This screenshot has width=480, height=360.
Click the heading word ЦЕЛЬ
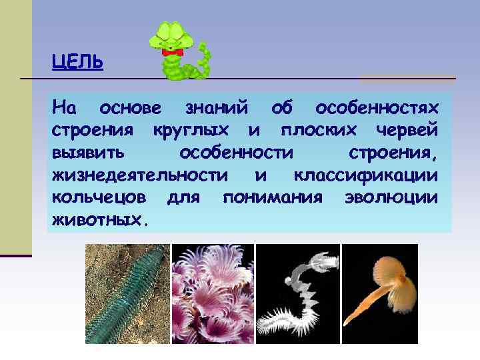[x=77, y=63]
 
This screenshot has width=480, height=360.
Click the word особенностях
[x=377, y=107]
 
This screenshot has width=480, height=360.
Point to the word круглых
[x=191, y=129]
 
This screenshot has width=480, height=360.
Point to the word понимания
[x=273, y=198]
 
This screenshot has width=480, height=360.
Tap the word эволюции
[x=391, y=198]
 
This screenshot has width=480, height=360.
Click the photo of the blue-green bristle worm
[x=127, y=294]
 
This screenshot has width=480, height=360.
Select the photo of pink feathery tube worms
[x=213, y=294]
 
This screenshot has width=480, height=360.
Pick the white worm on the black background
[x=297, y=294]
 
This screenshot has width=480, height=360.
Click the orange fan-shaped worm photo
[x=380, y=294]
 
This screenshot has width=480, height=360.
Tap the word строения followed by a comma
[x=393, y=153]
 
